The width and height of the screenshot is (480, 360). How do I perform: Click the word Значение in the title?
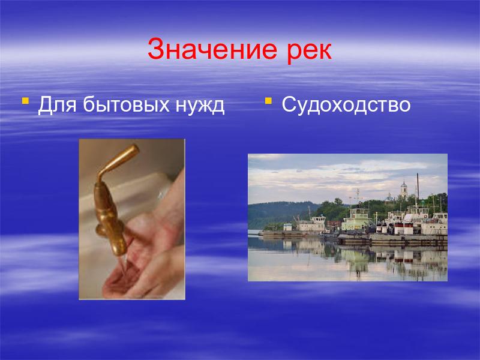coord(212,50)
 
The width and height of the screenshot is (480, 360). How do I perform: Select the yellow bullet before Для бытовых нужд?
coord(25,101)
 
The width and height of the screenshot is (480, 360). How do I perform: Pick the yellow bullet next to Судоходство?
coord(268,101)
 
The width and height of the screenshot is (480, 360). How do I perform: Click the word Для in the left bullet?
coord(57,106)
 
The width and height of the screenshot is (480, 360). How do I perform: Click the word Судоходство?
coord(346,105)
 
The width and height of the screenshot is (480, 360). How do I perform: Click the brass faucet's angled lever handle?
coord(118,161)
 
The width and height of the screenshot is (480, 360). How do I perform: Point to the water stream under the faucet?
coord(123,265)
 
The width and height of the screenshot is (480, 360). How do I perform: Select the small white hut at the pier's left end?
coord(288,227)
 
